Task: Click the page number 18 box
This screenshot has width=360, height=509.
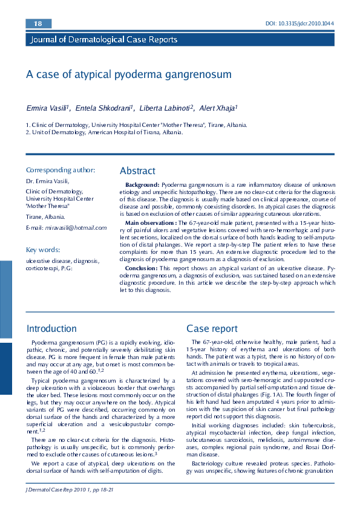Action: coord(38,24)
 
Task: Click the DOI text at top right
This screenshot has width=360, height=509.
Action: coord(299,24)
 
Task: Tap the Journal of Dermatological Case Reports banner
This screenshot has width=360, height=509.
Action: coord(102,40)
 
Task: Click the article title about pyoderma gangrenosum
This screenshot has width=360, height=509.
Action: coord(129,74)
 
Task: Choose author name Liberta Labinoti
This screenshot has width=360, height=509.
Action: coord(166,108)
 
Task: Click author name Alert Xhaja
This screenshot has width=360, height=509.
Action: coord(218,108)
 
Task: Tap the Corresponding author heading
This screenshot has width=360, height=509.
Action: coord(61,170)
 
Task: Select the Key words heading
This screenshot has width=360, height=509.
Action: coord(43,249)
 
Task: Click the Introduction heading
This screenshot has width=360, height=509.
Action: coord(51,329)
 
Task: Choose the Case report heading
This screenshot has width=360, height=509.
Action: coord(212,329)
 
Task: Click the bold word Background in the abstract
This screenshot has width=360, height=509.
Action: coord(142,184)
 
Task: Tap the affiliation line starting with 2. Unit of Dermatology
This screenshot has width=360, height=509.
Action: coord(104,132)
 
